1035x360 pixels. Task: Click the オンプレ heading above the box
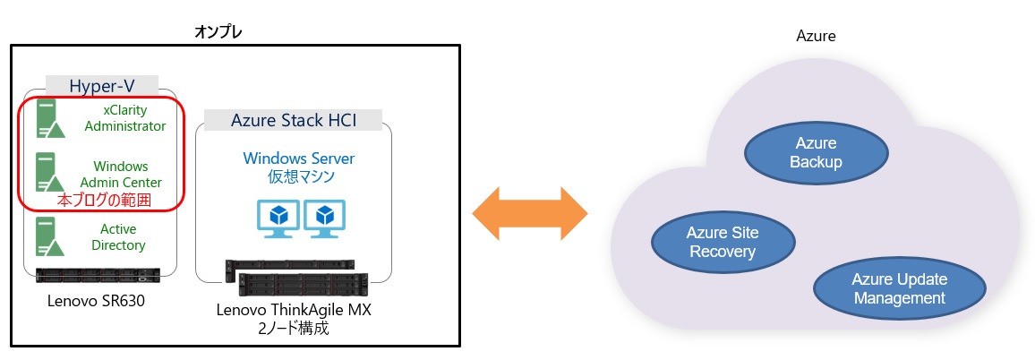218,32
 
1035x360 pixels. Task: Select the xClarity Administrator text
126,118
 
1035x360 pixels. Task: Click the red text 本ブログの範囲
103,201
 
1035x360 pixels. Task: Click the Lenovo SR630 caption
96,301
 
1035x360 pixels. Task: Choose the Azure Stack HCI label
293,119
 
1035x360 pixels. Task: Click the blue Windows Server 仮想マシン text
299,167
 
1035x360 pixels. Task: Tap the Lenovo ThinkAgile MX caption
294,311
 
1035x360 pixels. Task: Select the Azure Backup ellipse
816,153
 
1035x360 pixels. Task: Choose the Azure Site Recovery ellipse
722,242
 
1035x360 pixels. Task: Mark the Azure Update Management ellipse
899,288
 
